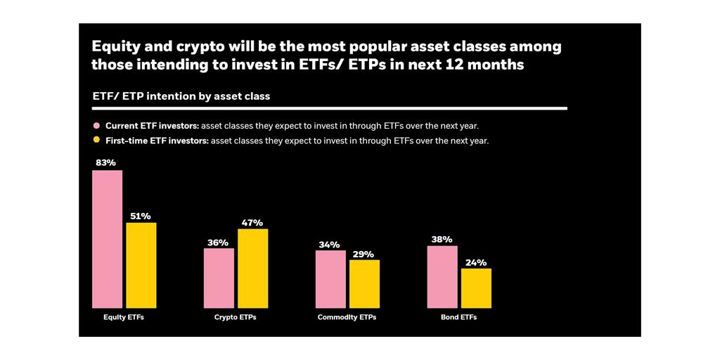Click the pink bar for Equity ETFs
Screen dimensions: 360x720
(107, 239)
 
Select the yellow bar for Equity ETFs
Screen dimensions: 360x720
(141, 265)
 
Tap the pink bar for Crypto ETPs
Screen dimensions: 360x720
(219, 278)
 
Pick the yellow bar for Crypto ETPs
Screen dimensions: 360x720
(252, 268)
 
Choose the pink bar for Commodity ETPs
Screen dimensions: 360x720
(330, 279)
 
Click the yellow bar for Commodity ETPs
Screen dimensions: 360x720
(364, 283)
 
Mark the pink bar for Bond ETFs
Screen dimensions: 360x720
(442, 276)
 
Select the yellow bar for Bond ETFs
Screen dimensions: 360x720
(476, 288)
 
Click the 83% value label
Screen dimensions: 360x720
(107, 162)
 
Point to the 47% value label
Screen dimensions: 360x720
(252, 222)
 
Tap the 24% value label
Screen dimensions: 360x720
(476, 262)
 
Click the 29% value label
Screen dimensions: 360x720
(364, 254)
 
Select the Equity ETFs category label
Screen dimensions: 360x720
(124, 317)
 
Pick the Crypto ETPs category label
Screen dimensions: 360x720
(236, 317)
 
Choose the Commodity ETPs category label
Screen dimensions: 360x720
(347, 317)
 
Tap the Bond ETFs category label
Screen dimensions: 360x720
(459, 317)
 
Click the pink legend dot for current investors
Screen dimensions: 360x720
(97, 126)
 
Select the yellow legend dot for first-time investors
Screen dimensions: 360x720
(97, 140)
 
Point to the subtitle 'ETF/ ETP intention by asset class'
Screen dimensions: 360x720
(181, 96)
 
